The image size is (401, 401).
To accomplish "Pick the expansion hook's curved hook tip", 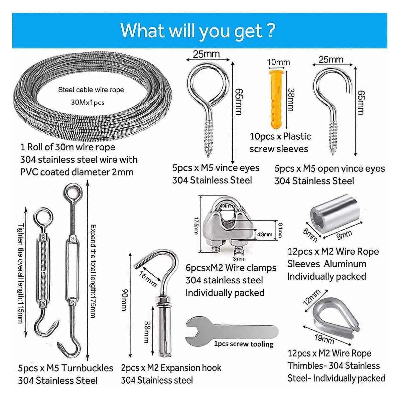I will click(x=140, y=266).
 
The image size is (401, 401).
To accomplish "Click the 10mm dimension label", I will click(x=278, y=62).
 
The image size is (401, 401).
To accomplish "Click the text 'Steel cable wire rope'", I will click(x=91, y=90).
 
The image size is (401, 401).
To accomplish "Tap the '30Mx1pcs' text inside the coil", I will click(x=88, y=102).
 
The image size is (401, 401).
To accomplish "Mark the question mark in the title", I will click(x=271, y=30).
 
